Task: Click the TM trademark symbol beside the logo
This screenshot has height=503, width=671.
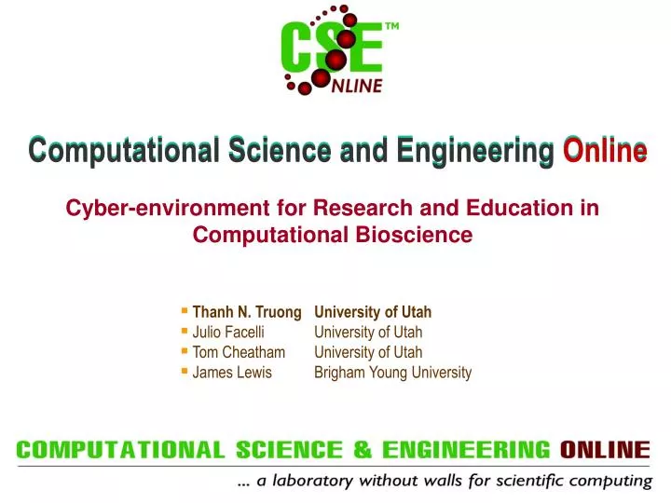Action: [391, 27]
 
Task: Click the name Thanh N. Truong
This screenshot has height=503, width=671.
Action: [247, 312]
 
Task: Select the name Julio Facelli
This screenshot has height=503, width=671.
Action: [228, 333]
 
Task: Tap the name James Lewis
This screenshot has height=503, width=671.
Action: [232, 373]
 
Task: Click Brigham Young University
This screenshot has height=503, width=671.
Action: [392, 373]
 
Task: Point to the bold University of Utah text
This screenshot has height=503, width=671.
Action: [373, 312]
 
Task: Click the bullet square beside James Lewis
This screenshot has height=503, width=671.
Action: [185, 371]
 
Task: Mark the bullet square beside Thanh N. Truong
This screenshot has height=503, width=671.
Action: [185, 310]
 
